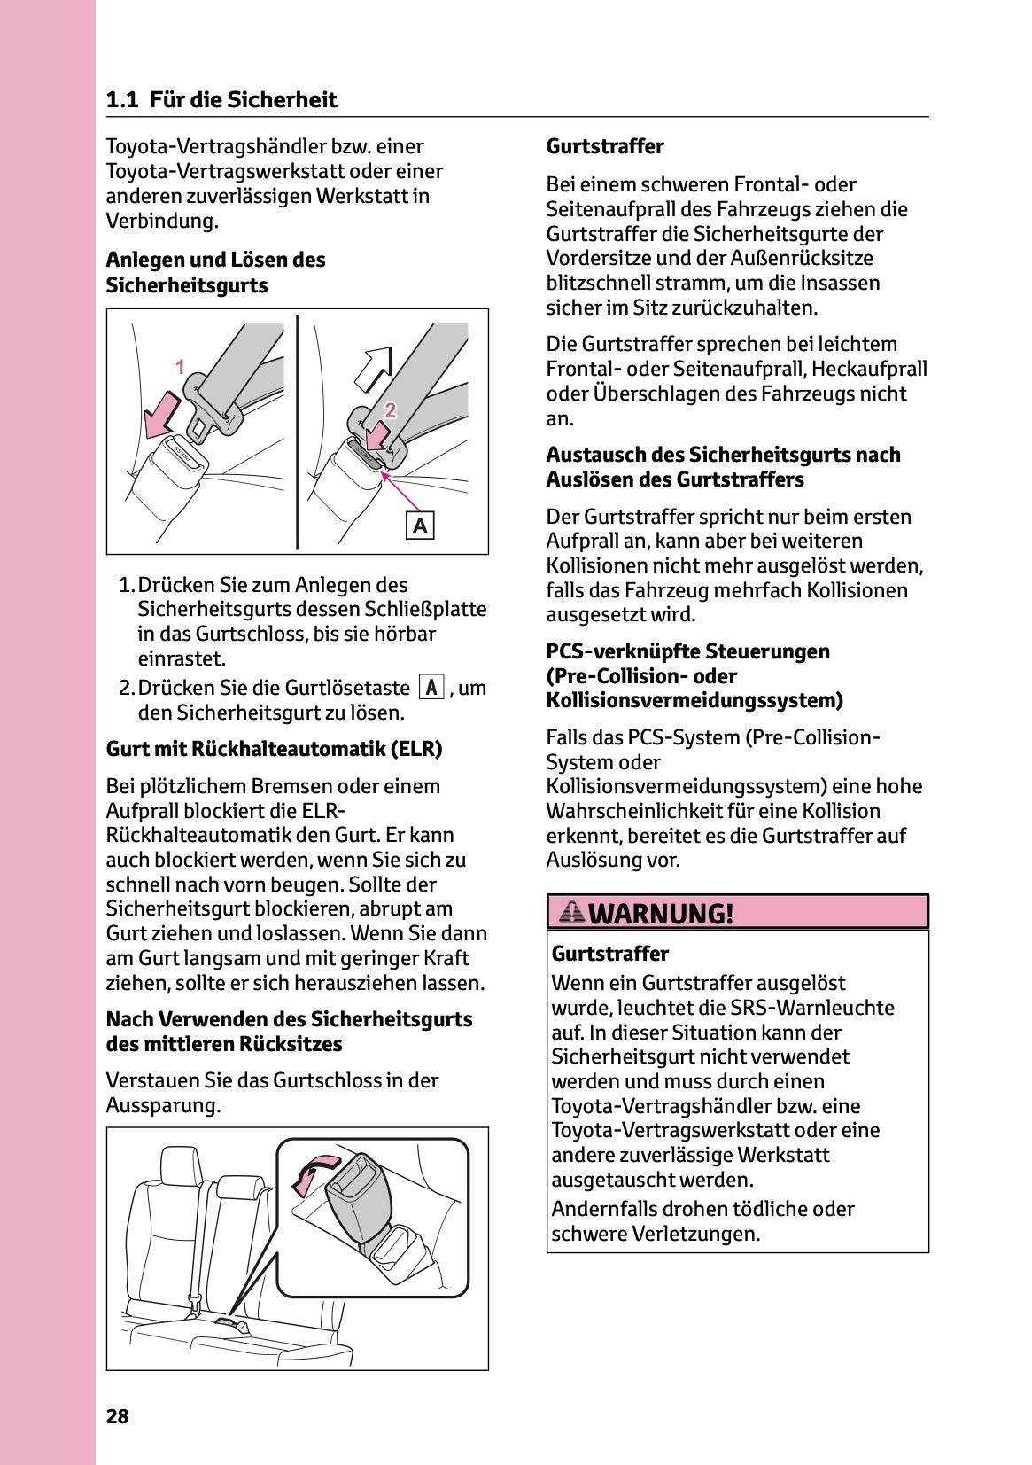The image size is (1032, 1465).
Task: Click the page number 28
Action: pyautogui.click(x=117, y=1416)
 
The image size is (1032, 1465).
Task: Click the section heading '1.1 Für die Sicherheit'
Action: pyautogui.click(x=221, y=99)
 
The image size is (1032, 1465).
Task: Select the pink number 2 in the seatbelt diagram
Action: pyautogui.click(x=390, y=409)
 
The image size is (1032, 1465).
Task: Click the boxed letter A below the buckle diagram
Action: pyautogui.click(x=420, y=526)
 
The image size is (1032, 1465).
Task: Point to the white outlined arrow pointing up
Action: pyautogui.click(x=372, y=366)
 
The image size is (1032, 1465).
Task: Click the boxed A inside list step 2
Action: pyautogui.click(x=431, y=688)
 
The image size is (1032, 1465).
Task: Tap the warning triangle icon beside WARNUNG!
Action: pyautogui.click(x=572, y=911)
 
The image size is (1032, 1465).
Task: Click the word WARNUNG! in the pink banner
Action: pyautogui.click(x=661, y=913)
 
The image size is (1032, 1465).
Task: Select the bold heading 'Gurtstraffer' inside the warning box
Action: pyautogui.click(x=609, y=954)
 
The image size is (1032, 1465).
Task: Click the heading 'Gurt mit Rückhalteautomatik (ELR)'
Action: pyautogui.click(x=274, y=749)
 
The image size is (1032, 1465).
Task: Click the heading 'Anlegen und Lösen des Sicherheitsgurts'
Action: pyautogui.click(x=215, y=272)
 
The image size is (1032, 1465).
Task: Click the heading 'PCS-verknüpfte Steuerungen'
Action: pyautogui.click(x=687, y=651)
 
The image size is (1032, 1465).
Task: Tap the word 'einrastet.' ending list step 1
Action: pyautogui.click(x=182, y=658)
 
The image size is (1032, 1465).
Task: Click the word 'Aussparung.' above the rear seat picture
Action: pyautogui.click(x=163, y=1105)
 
